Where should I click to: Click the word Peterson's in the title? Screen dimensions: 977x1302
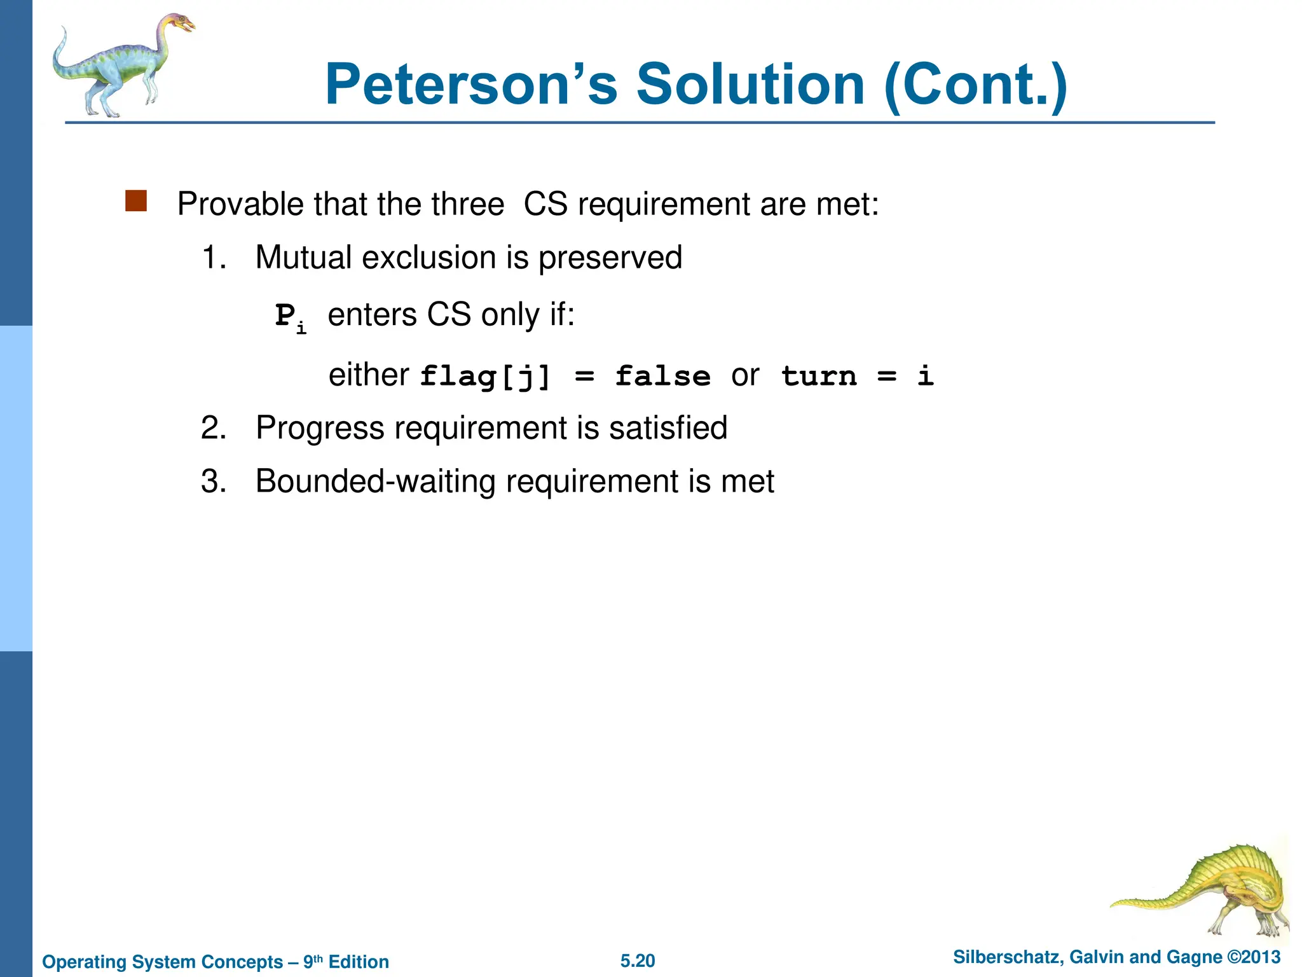(x=471, y=84)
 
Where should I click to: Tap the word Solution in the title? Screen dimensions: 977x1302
(x=750, y=84)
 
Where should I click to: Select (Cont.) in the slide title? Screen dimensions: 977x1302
(x=976, y=85)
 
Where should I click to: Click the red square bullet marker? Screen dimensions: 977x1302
(x=136, y=201)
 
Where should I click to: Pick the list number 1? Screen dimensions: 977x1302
(x=213, y=258)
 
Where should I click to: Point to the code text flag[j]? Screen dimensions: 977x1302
(x=485, y=377)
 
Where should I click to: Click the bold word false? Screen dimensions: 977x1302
(x=662, y=376)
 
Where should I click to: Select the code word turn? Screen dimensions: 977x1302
(x=819, y=376)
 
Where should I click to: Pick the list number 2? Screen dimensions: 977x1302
(x=213, y=428)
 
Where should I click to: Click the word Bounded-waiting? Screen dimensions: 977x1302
(x=374, y=482)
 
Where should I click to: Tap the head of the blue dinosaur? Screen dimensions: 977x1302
(x=181, y=24)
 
